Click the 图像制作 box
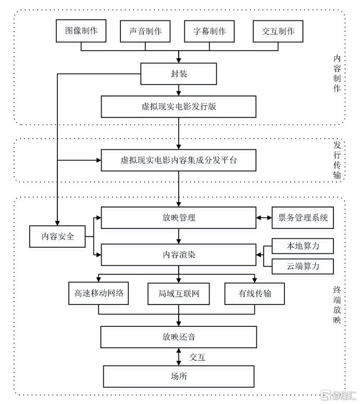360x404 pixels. click(81, 31)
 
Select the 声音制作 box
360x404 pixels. click(145, 31)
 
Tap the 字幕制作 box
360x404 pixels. click(209, 31)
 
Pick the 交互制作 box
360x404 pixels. click(278, 31)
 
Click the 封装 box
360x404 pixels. click(179, 74)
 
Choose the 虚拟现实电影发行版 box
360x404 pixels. click(179, 107)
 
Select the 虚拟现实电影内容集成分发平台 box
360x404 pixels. click(179, 160)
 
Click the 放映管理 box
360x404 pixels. click(179, 218)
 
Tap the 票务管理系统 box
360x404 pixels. click(303, 218)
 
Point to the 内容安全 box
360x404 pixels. click(57, 237)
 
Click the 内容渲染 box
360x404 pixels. click(179, 255)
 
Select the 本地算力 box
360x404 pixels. click(303, 246)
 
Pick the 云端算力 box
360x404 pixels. click(303, 266)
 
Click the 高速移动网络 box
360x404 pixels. click(98, 293)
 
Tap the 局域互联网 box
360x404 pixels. click(179, 293)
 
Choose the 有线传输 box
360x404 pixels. click(255, 293)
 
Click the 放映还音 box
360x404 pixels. click(179, 337)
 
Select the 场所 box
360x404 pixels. click(179, 376)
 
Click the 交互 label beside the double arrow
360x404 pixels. click(197, 358)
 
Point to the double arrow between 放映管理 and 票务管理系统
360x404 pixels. click(264, 218)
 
